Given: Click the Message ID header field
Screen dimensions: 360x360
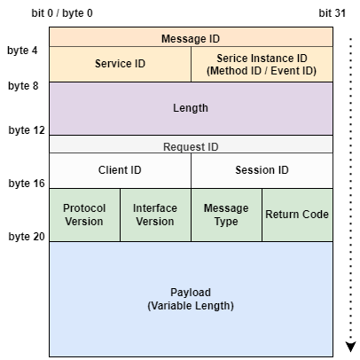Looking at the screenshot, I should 191,38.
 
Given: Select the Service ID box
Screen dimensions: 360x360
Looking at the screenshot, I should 120,64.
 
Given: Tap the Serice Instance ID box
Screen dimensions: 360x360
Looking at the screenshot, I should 262,64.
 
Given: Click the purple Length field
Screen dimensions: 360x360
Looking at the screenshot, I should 191,108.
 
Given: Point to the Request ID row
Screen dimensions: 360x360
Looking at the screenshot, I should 191,145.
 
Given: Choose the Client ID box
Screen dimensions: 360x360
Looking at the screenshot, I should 120,170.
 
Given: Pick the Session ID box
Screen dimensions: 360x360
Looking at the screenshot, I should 262,170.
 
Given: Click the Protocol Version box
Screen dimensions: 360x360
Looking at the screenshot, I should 84,215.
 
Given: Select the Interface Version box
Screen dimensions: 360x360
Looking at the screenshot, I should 155,215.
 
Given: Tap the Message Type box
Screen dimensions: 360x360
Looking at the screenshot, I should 226,215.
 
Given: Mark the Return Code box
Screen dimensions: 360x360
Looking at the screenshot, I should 297,215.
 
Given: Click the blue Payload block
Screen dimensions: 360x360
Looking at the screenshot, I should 191,299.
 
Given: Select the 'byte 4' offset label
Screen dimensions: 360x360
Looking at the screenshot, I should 23,51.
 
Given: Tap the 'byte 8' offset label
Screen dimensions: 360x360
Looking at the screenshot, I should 23,86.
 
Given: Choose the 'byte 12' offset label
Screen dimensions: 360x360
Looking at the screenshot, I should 26,130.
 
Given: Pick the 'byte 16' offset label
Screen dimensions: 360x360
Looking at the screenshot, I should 26,184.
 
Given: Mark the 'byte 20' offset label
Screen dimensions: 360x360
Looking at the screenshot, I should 26,236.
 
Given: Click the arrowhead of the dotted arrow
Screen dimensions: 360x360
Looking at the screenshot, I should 350,347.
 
